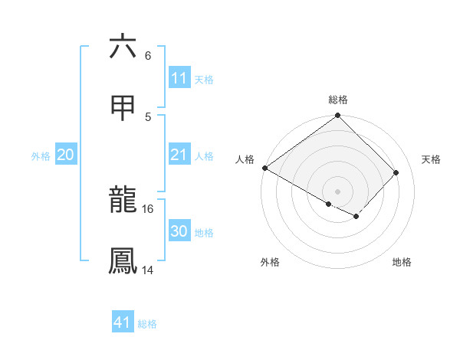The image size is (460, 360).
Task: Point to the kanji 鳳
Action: (123, 261)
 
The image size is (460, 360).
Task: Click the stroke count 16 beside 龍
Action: (148, 208)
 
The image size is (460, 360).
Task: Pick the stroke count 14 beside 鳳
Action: (148, 270)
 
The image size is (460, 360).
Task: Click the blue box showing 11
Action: (179, 78)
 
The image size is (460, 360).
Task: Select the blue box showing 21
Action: (179, 155)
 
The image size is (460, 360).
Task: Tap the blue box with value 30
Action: (179, 231)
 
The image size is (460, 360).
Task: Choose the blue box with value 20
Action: (66, 155)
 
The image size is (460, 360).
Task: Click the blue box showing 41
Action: (123, 322)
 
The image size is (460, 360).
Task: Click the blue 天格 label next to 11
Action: (204, 79)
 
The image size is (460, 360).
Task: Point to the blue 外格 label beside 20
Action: (41, 155)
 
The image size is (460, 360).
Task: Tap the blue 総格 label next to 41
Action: (147, 323)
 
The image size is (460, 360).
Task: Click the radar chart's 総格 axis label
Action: (338, 100)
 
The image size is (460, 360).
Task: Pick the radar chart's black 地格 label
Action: (402, 263)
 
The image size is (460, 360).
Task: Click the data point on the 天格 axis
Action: (396, 172)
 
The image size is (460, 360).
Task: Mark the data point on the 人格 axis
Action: (264, 169)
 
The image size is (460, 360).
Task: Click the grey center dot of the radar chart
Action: (338, 191)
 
